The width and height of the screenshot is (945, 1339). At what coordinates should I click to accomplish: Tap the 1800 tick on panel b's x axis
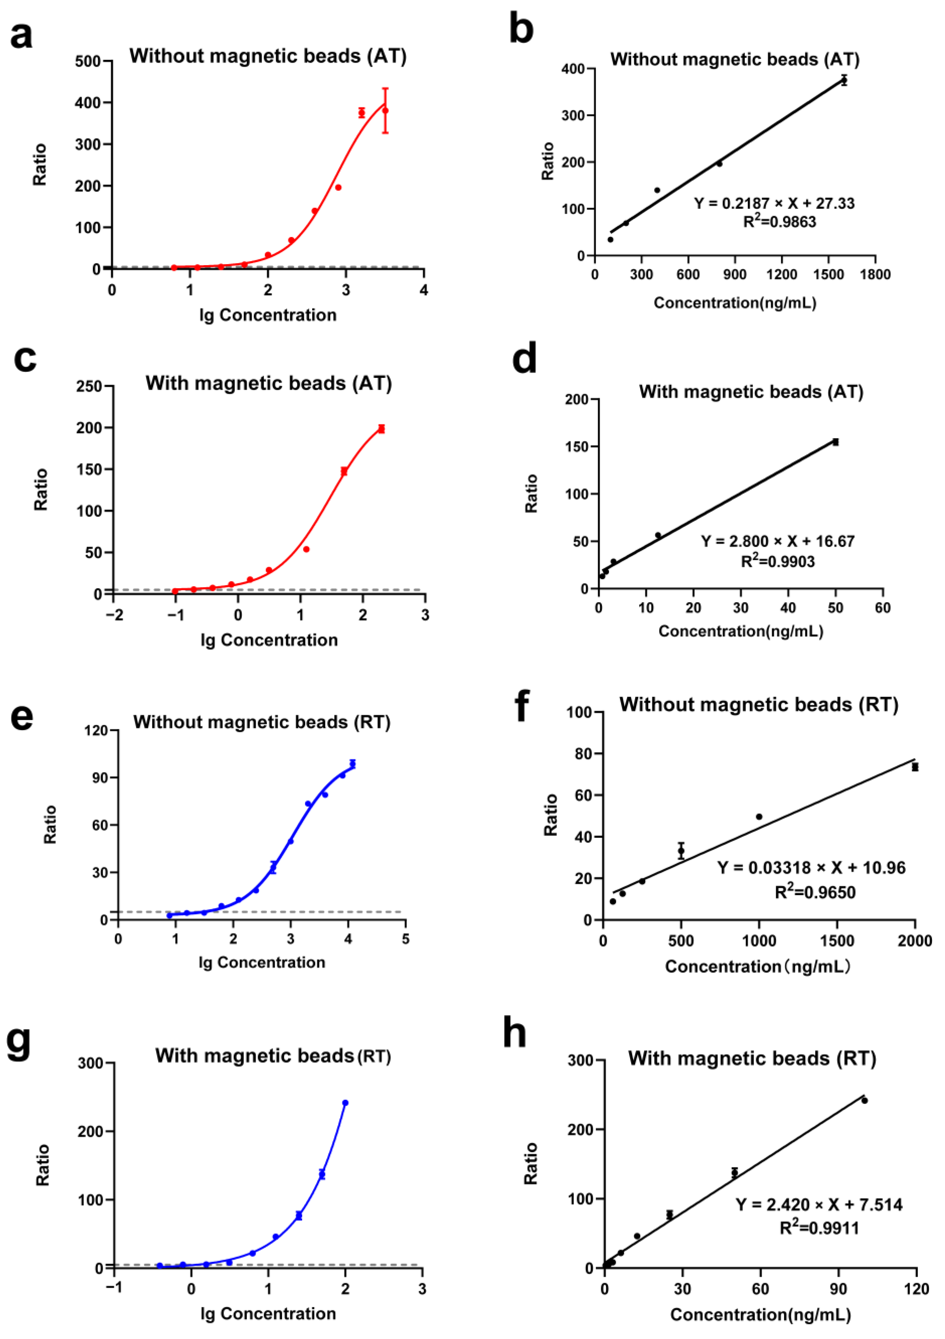[874, 275]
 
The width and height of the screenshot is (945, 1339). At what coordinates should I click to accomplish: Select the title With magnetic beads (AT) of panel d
[751, 392]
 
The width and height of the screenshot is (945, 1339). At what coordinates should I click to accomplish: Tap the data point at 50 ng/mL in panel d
[835, 442]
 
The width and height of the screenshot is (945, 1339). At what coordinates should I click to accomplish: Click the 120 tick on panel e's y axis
[96, 731]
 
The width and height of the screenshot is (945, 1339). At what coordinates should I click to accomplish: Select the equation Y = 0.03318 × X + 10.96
[811, 868]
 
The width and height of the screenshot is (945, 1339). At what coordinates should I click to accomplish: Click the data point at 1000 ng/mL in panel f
[759, 816]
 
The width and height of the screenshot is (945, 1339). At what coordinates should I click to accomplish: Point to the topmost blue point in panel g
[345, 1103]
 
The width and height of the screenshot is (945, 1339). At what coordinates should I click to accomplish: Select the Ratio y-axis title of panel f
[550, 815]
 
